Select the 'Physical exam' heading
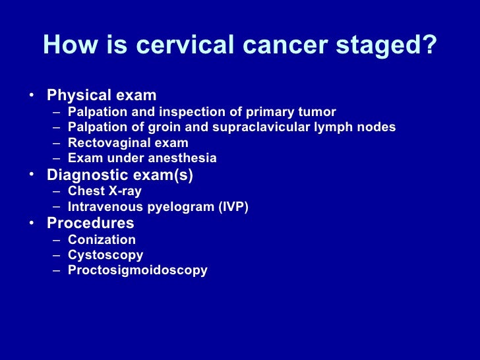[x=102, y=96]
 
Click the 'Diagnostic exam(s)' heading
[x=119, y=175]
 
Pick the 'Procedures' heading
[x=90, y=224]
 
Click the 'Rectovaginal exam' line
[x=128, y=143]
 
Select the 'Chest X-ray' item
[x=104, y=191]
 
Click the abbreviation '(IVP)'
[x=233, y=207]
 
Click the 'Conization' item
[x=102, y=240]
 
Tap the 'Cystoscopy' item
[x=105, y=255]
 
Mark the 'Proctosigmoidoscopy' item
[x=137, y=270]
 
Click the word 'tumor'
[x=317, y=111]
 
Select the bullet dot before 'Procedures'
[x=32, y=222]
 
